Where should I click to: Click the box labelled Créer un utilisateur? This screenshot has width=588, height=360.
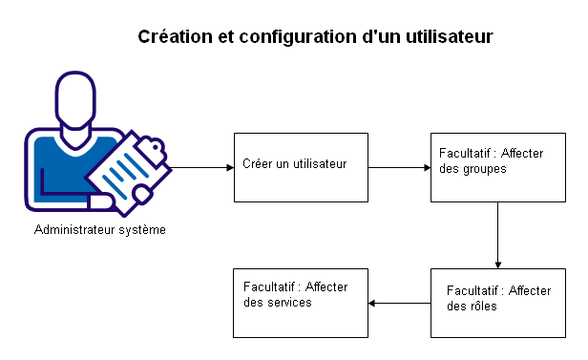coord(301,167)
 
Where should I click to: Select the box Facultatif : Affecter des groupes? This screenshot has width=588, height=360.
coord(497,167)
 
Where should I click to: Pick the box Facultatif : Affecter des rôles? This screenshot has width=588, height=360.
coord(497,303)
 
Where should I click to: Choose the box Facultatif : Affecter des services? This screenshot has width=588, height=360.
coord(301,303)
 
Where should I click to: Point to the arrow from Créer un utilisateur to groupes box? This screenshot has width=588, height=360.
coord(399,168)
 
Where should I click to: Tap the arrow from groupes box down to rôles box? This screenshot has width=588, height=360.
coord(497,235)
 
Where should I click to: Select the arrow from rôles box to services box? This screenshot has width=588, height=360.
coord(399,304)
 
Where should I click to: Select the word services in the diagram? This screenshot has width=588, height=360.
coord(287,302)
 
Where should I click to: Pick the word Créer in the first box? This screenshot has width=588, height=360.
coord(258,163)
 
